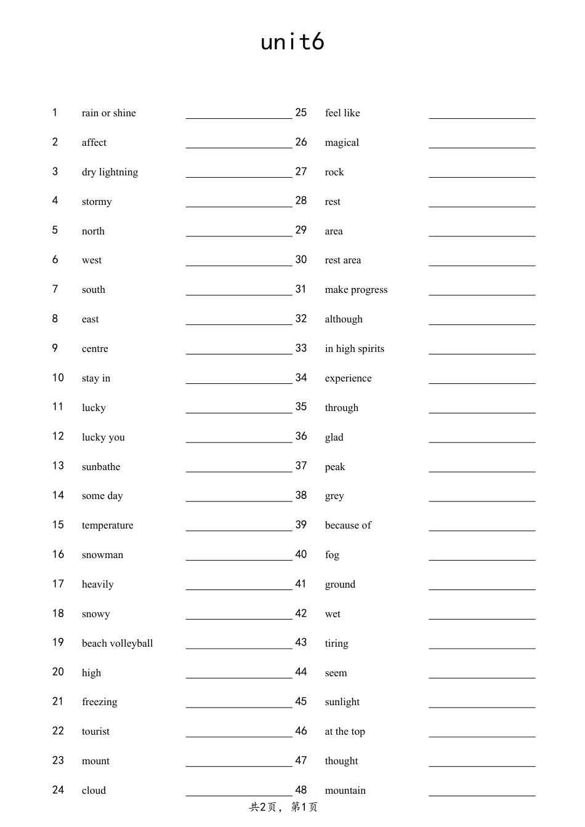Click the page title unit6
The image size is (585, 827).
pyautogui.click(x=292, y=42)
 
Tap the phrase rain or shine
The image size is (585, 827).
pyautogui.click(x=108, y=113)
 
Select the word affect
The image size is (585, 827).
pyautogui.click(x=94, y=143)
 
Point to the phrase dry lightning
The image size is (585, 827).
pyautogui.click(x=110, y=172)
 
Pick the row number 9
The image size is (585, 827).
pyautogui.click(x=55, y=348)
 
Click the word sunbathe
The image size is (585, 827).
pyautogui.click(x=101, y=467)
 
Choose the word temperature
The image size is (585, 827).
pyautogui.click(x=107, y=525)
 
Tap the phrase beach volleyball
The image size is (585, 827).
pyautogui.click(x=117, y=644)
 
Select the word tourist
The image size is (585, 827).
pyautogui.click(x=95, y=732)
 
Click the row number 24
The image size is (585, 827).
pyautogui.click(x=58, y=790)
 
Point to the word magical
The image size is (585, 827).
pyautogui.click(x=342, y=143)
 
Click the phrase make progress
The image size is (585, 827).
pyautogui.click(x=356, y=290)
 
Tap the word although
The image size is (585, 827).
pyautogui.click(x=344, y=319)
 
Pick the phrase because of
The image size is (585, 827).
pyautogui.click(x=348, y=525)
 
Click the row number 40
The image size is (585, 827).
pyautogui.click(x=301, y=554)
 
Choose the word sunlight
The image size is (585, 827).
pyautogui.click(x=342, y=702)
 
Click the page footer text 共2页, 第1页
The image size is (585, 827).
pyautogui.click(x=283, y=807)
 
